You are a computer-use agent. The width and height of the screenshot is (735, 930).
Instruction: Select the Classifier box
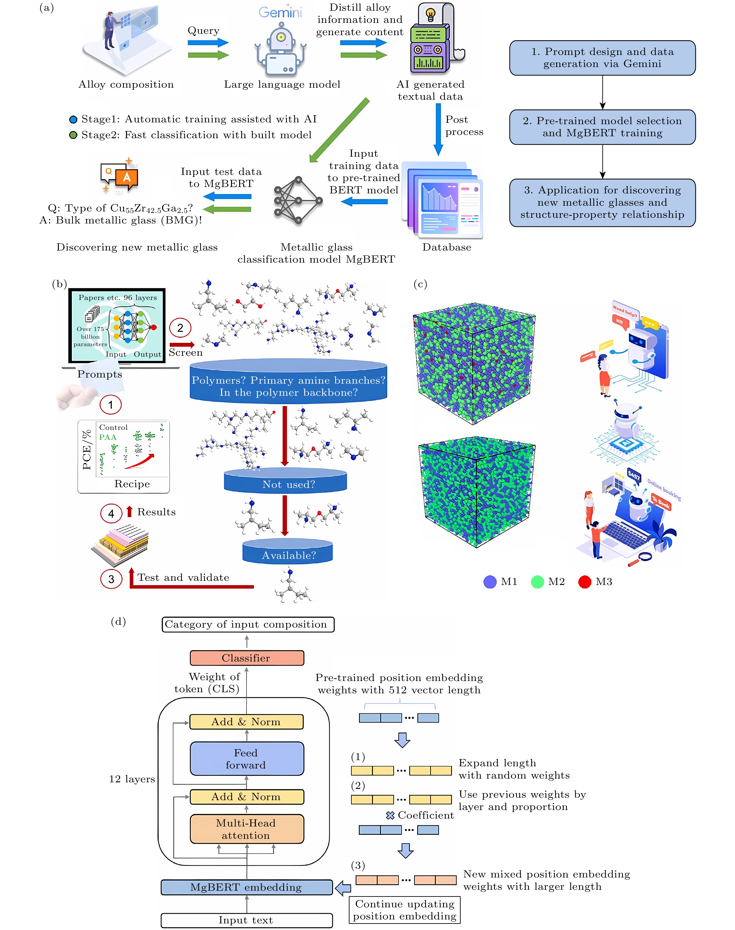click(247, 658)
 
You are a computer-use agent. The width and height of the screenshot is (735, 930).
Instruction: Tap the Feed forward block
click(247, 759)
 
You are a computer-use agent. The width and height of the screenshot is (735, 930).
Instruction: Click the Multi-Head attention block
click(247, 829)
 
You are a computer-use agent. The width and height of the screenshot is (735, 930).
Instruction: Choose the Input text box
click(247, 920)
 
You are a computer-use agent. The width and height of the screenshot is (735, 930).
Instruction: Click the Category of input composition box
click(248, 624)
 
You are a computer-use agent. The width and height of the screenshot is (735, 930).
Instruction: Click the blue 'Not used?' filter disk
click(285, 481)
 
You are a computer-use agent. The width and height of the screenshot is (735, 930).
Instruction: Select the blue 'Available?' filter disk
click(288, 552)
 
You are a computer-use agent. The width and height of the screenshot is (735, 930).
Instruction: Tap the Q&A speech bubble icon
click(120, 175)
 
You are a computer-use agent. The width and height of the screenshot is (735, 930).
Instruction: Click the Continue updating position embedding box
click(404, 910)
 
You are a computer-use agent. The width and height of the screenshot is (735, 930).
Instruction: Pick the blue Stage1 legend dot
click(73, 119)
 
